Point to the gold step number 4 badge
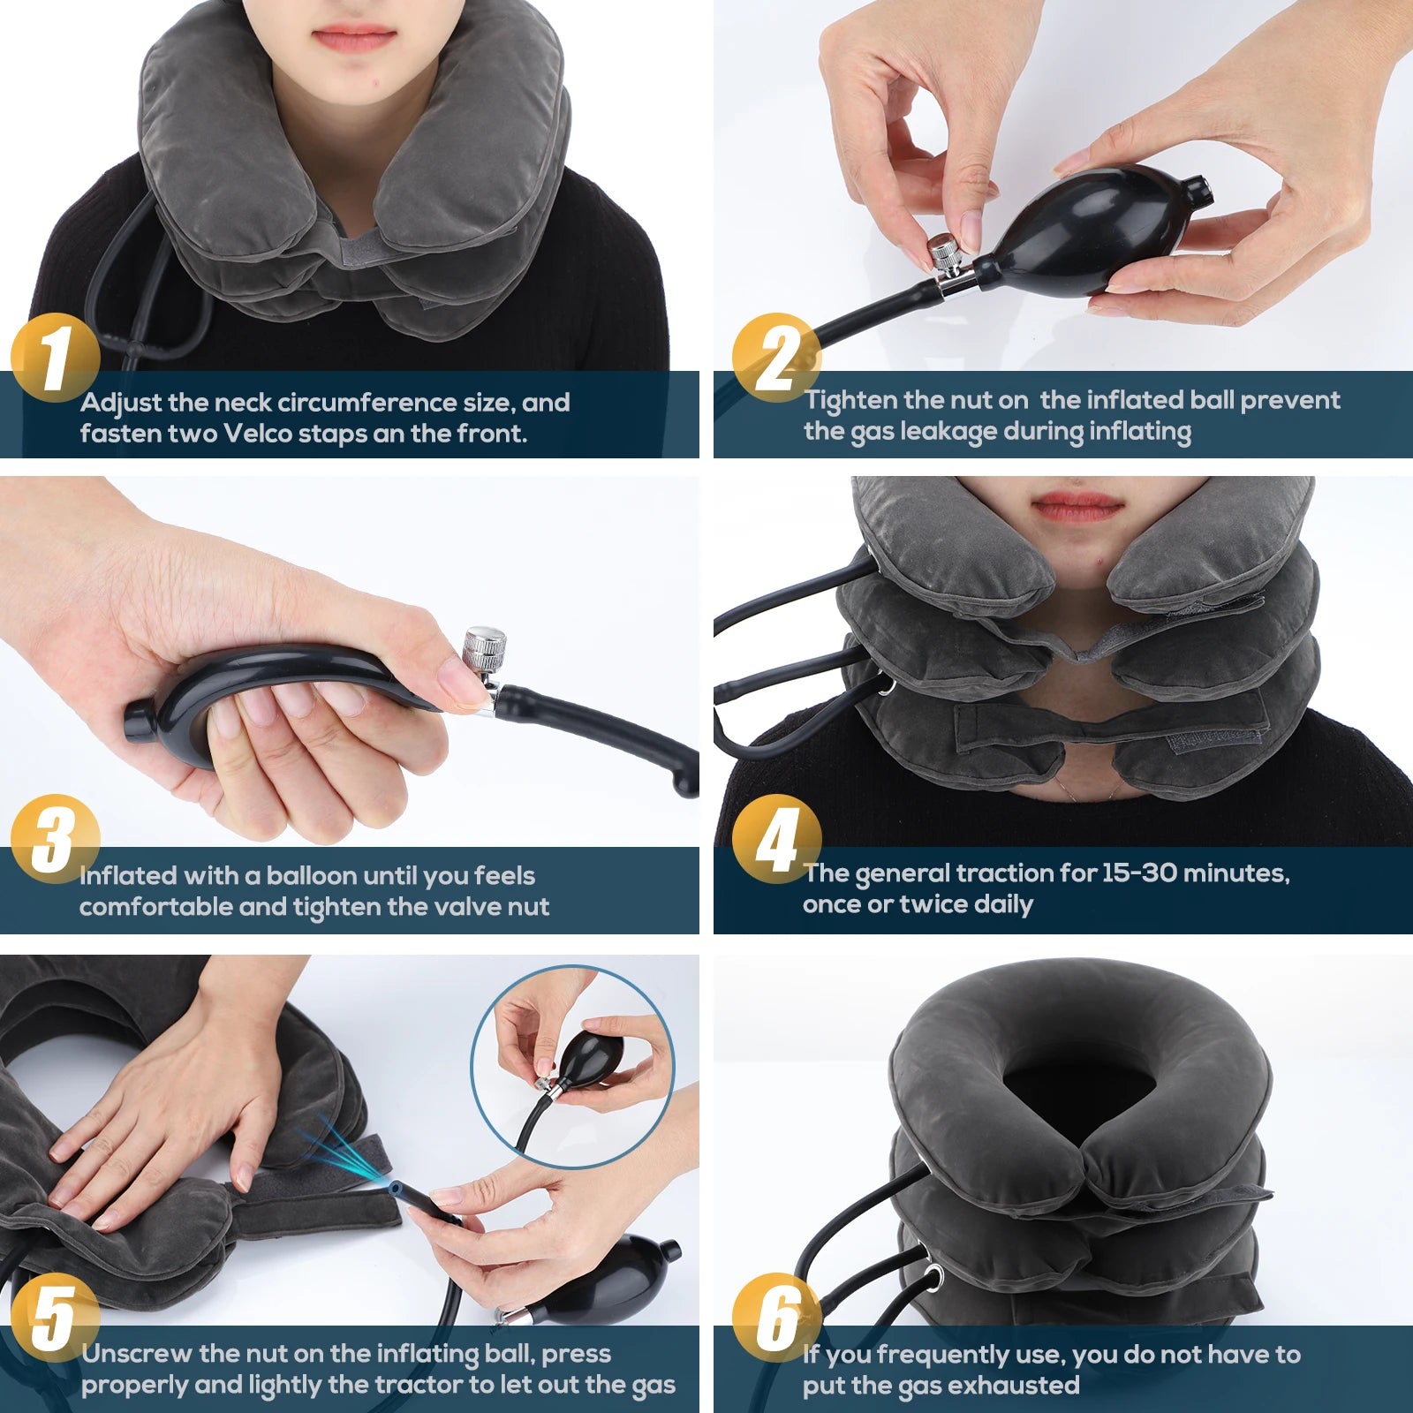click(x=776, y=839)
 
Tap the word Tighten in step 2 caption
click(x=850, y=401)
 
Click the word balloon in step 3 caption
click(x=313, y=876)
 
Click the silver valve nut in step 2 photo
click(x=945, y=254)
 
